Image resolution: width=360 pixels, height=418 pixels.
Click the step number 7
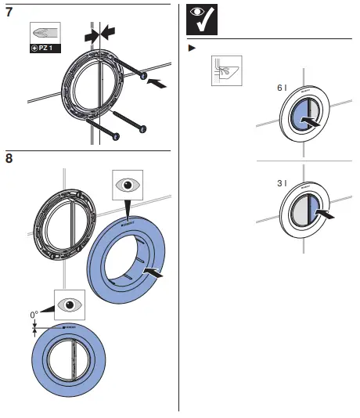coord(9,13)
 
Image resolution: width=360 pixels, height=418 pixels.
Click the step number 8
coord(9,159)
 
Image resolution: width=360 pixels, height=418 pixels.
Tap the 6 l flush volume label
coord(282,89)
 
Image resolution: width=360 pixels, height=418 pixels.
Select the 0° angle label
coord(34,315)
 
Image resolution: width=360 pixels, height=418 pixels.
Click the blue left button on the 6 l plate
coord(301,119)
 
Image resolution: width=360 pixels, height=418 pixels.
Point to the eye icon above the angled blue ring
coord(124,186)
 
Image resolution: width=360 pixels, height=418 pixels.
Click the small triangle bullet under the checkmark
coord(192,49)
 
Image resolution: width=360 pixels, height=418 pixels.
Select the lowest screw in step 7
coord(103,130)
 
